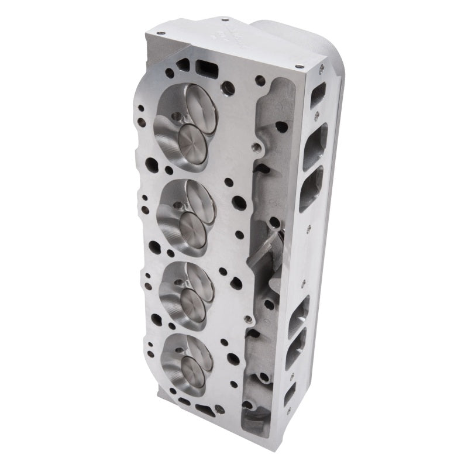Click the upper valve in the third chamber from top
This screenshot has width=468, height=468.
click(198, 280)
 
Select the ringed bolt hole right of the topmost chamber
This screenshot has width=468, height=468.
click(226, 88)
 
